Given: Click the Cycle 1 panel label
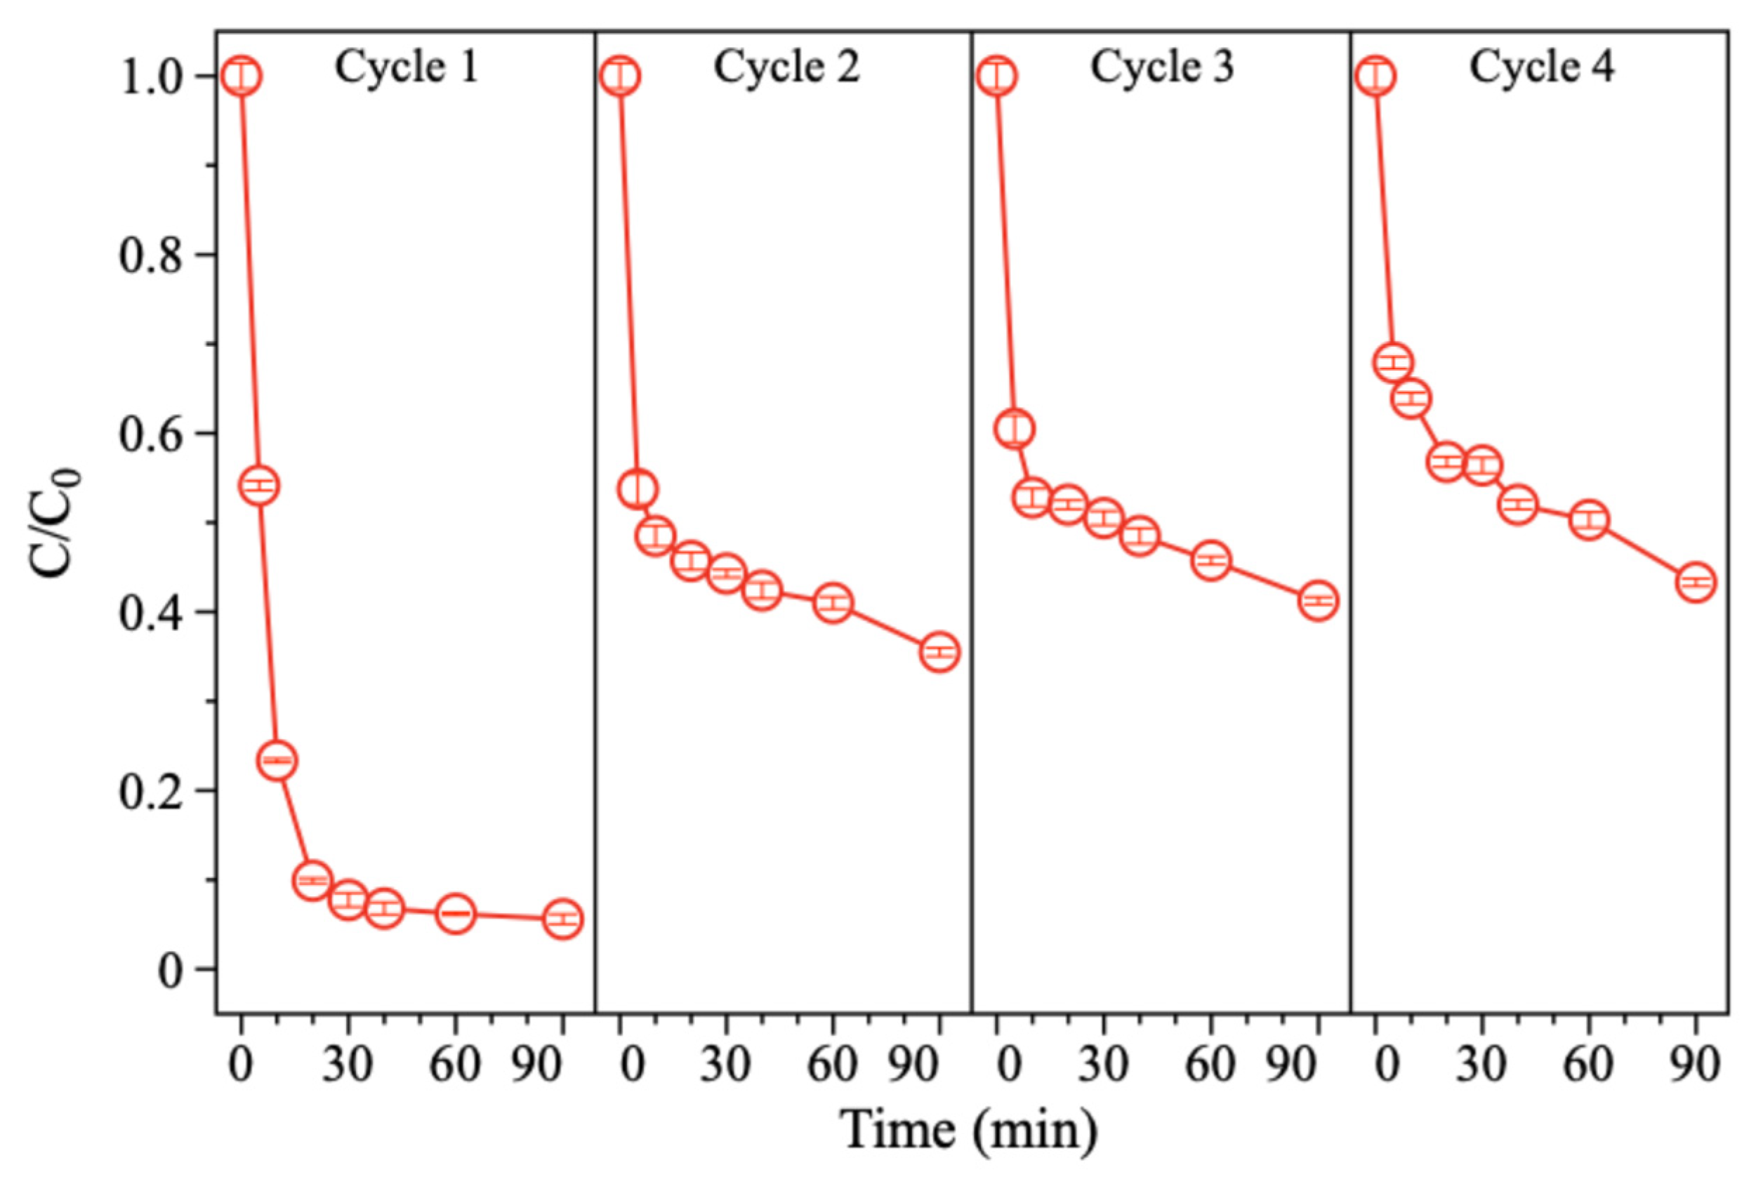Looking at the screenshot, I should click(x=407, y=68).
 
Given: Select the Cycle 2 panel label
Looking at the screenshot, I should click(x=786, y=68).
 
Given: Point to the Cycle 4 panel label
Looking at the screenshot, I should click(x=1542, y=68).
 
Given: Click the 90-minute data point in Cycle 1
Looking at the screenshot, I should click(x=562, y=919).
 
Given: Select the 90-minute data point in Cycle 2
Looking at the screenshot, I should click(x=939, y=651).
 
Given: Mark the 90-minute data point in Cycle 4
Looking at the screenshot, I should click(x=1696, y=583).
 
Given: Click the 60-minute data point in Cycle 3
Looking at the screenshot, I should click(x=1210, y=561).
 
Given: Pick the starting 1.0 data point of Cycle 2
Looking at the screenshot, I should click(x=621, y=76).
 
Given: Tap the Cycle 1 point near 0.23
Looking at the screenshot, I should click(x=277, y=760).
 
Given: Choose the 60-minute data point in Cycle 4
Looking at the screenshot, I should click(x=1589, y=520).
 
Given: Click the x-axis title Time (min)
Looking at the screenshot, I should click(x=970, y=1131).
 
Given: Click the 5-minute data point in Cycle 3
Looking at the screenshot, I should click(x=1015, y=429).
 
